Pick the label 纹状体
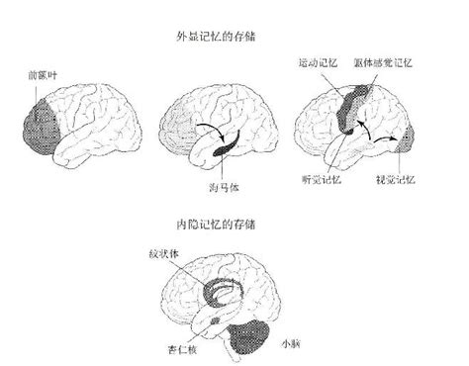(x=181, y=252)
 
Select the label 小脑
(x=288, y=342)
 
